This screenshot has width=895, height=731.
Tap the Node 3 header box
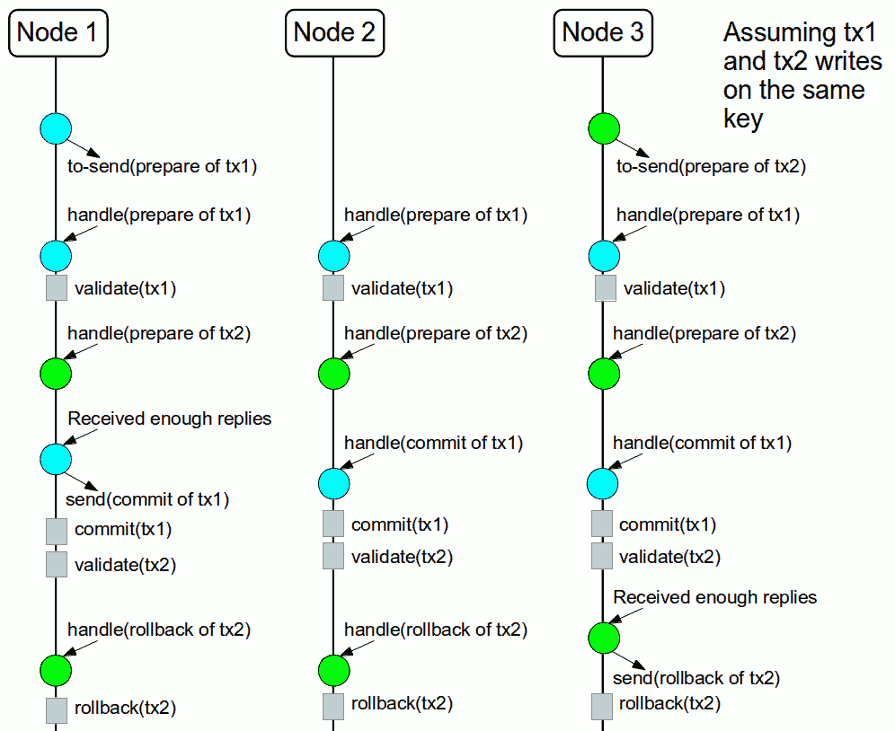coord(603,33)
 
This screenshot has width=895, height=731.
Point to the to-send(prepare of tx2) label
coord(711,166)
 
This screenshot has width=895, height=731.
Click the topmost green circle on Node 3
coord(603,128)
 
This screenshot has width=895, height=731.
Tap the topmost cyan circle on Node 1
coord(56,128)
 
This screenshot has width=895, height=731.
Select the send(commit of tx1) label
coord(147,498)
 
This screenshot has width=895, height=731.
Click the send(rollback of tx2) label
coord(696,677)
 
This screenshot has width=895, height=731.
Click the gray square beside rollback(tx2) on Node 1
coord(57,709)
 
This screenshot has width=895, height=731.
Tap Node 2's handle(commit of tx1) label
coord(433,443)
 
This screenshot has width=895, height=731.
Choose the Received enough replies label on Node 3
coord(715,597)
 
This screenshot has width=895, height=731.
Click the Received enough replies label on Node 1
coord(170,418)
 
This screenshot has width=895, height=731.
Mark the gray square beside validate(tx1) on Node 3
coord(605,288)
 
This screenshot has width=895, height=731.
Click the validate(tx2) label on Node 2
coord(402,557)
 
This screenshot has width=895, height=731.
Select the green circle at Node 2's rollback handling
coord(333,669)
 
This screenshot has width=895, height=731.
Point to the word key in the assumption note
coord(743,119)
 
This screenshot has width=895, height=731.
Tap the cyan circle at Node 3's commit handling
coord(603,483)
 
